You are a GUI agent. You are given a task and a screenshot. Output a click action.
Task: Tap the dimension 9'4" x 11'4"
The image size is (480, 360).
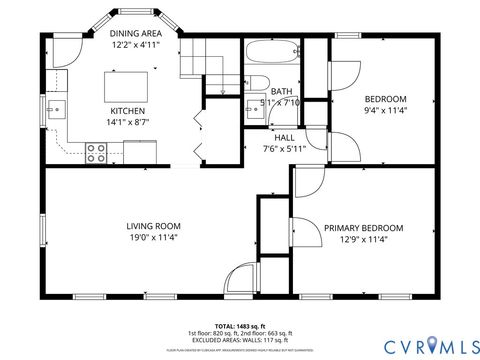tap(384, 111)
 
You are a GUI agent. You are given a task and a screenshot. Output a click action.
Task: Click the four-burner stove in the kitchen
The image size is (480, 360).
tap(97, 152)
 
